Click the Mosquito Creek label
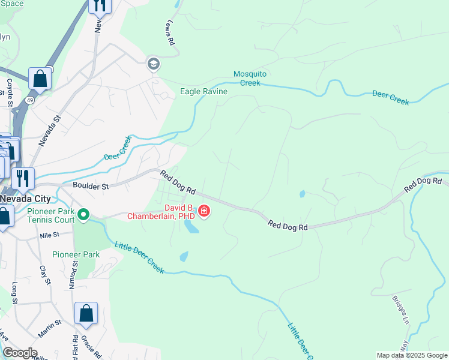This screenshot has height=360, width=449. (x=249, y=78)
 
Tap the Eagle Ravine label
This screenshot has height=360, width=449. (x=204, y=91)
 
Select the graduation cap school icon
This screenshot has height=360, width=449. (x=154, y=64)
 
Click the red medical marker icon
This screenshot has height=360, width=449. (x=204, y=211)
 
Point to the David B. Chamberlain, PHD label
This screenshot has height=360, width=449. (x=160, y=211)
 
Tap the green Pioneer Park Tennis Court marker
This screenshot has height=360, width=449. (x=83, y=214)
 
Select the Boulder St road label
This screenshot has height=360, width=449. (x=91, y=187)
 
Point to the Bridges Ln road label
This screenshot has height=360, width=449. (x=400, y=309)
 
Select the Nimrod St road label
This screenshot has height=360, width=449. (x=74, y=274)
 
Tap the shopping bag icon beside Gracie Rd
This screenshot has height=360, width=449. (x=86, y=314)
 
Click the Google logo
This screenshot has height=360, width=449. (x=19, y=353)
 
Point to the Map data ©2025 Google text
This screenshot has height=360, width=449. (x=412, y=355)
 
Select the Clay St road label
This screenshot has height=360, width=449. (x=43, y=275)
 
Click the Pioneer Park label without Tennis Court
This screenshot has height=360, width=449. (x=76, y=254)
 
